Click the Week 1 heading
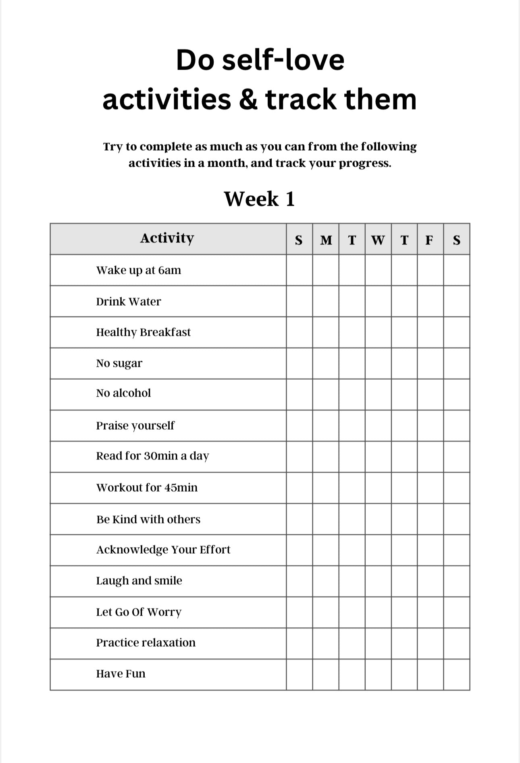pos(260,199)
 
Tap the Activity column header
pos(167,238)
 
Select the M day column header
pos(326,240)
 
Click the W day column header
pos(378,240)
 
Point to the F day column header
pos(430,240)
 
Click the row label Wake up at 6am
pos(138,270)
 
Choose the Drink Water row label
pos(128,302)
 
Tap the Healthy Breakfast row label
pos(143,333)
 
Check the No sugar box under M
pos(326,364)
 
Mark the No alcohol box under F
pos(430,395)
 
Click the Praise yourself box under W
pos(378,426)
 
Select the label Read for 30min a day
pos(152,456)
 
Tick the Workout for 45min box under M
pos(326,488)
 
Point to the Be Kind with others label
pos(148,519)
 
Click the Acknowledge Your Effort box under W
pos(378,550)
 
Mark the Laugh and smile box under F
pos(430,581)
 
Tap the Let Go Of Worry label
pos(139,612)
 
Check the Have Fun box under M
pos(326,674)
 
